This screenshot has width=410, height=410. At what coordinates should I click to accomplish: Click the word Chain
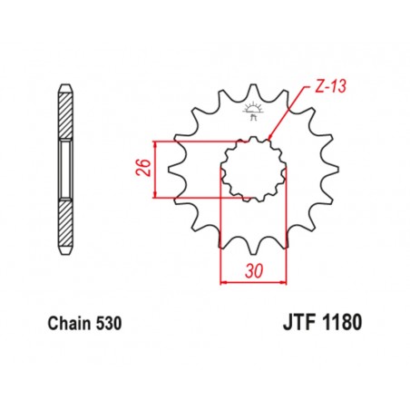tap(63, 322)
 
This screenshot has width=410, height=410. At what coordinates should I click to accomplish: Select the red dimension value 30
tap(253, 269)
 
